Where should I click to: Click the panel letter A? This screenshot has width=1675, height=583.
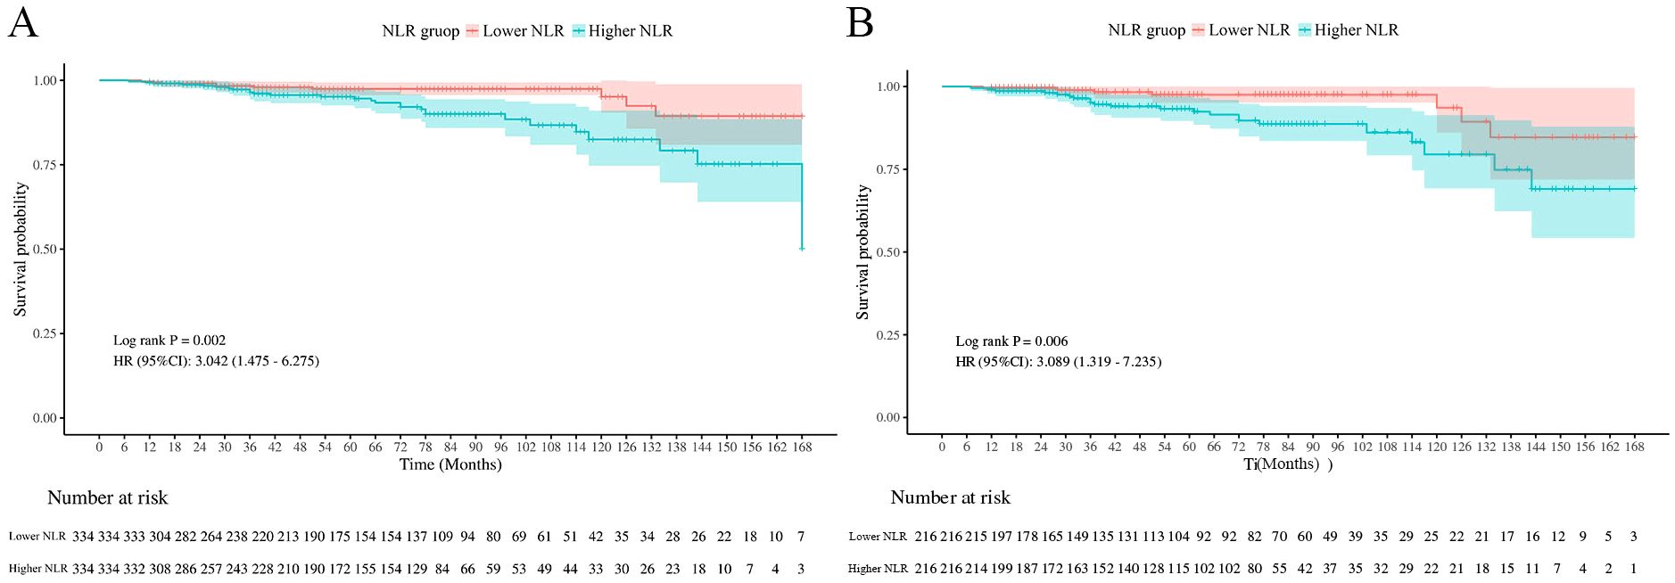tap(22, 22)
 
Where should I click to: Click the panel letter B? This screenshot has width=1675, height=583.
tap(860, 22)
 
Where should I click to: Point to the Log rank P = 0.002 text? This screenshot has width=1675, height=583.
tap(169, 341)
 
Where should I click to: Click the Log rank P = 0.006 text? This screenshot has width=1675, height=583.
tap(1011, 341)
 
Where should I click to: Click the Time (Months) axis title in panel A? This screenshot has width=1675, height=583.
tap(450, 464)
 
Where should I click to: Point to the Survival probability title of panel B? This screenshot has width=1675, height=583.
tap(862, 252)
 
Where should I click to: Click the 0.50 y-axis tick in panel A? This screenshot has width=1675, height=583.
tap(45, 250)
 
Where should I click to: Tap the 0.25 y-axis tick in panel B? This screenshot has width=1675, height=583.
tap(887, 335)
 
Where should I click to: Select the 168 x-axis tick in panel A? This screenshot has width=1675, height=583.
tap(802, 448)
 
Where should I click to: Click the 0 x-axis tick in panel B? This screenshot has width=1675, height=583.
tap(942, 447)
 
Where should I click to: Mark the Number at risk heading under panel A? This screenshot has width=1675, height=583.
tap(107, 497)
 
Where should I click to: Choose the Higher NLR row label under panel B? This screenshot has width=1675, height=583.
tap(878, 569)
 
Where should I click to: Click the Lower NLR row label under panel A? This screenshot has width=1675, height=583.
tap(37, 537)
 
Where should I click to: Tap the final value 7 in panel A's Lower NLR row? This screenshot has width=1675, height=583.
tap(801, 537)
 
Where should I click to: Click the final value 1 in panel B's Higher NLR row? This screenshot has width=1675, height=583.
tap(1633, 569)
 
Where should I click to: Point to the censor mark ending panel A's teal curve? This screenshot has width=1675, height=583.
tap(802, 249)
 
